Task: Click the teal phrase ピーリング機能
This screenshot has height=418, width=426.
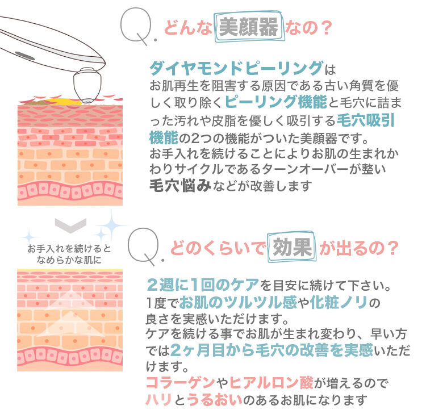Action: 269,102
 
